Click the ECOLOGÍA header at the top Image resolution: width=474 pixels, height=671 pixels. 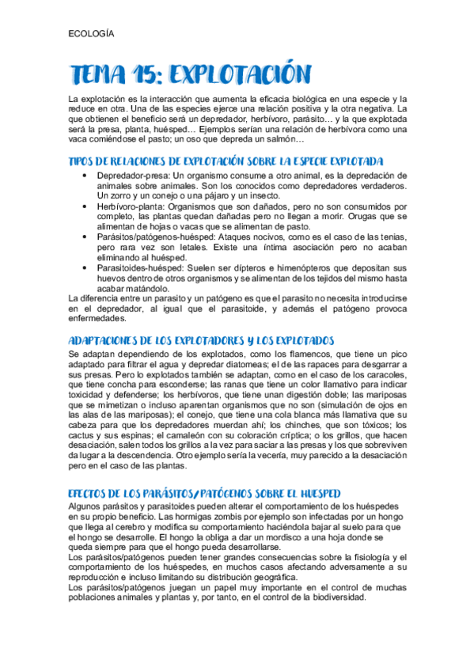tap(91, 34)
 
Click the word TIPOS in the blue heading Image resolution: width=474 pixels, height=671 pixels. tap(83, 161)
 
